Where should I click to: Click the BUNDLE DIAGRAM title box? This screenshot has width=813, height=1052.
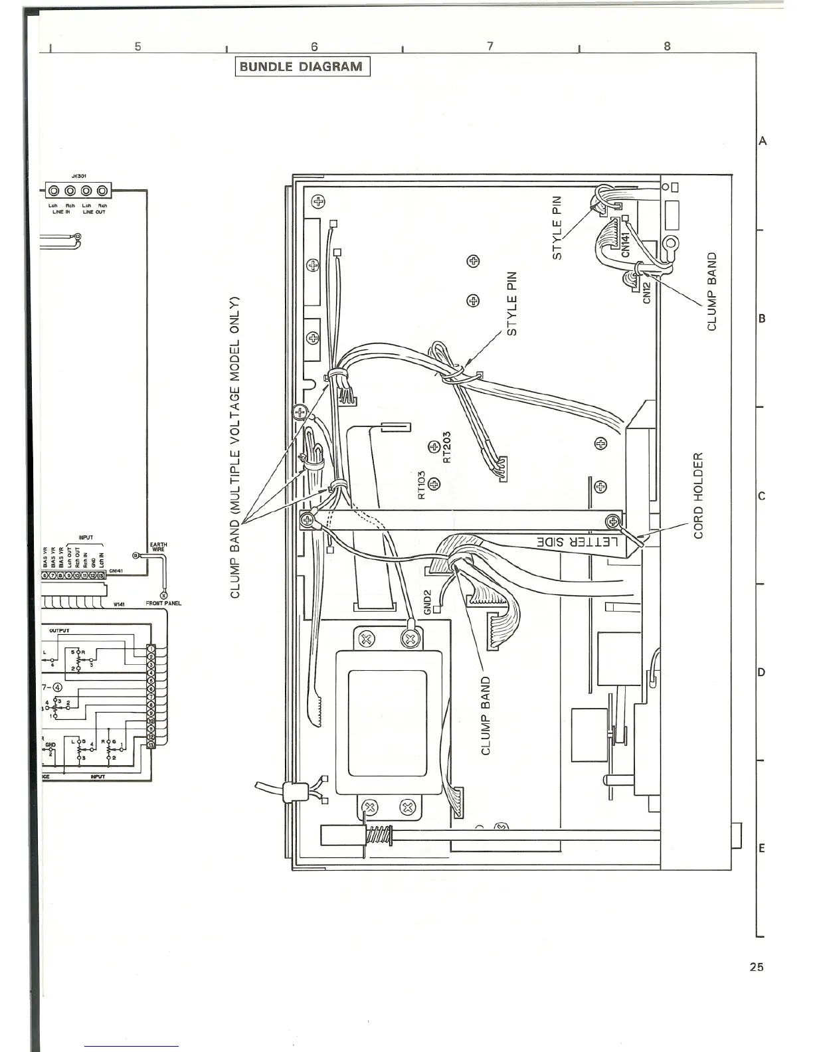point(302,66)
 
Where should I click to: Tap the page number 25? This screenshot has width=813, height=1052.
point(756,967)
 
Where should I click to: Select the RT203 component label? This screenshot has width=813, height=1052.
point(447,446)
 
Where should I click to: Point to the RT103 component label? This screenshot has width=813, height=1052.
point(421,485)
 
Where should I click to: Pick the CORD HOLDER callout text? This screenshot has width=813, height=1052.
point(698,496)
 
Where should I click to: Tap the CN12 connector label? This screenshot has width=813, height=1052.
point(648,291)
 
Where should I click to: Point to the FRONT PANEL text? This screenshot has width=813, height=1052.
point(163,604)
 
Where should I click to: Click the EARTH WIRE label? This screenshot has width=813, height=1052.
point(159,547)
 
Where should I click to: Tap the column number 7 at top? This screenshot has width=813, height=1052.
point(490,46)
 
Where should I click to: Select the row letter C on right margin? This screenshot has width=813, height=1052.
point(762,496)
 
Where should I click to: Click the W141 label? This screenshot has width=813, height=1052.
point(120,604)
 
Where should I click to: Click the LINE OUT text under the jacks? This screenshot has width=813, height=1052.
point(94,211)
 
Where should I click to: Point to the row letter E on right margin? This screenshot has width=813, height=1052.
point(762,848)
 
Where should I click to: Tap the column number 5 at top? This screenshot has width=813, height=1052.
point(137,46)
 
